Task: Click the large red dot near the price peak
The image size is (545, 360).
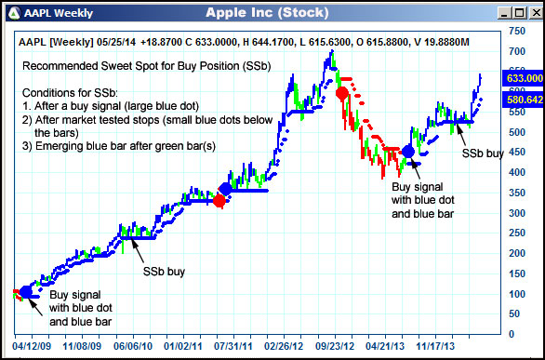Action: (x=341, y=93)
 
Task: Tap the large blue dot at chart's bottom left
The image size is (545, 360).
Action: (x=25, y=292)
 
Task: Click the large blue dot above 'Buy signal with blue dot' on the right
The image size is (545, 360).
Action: (x=407, y=152)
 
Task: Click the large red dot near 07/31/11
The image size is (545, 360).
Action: (x=219, y=200)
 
